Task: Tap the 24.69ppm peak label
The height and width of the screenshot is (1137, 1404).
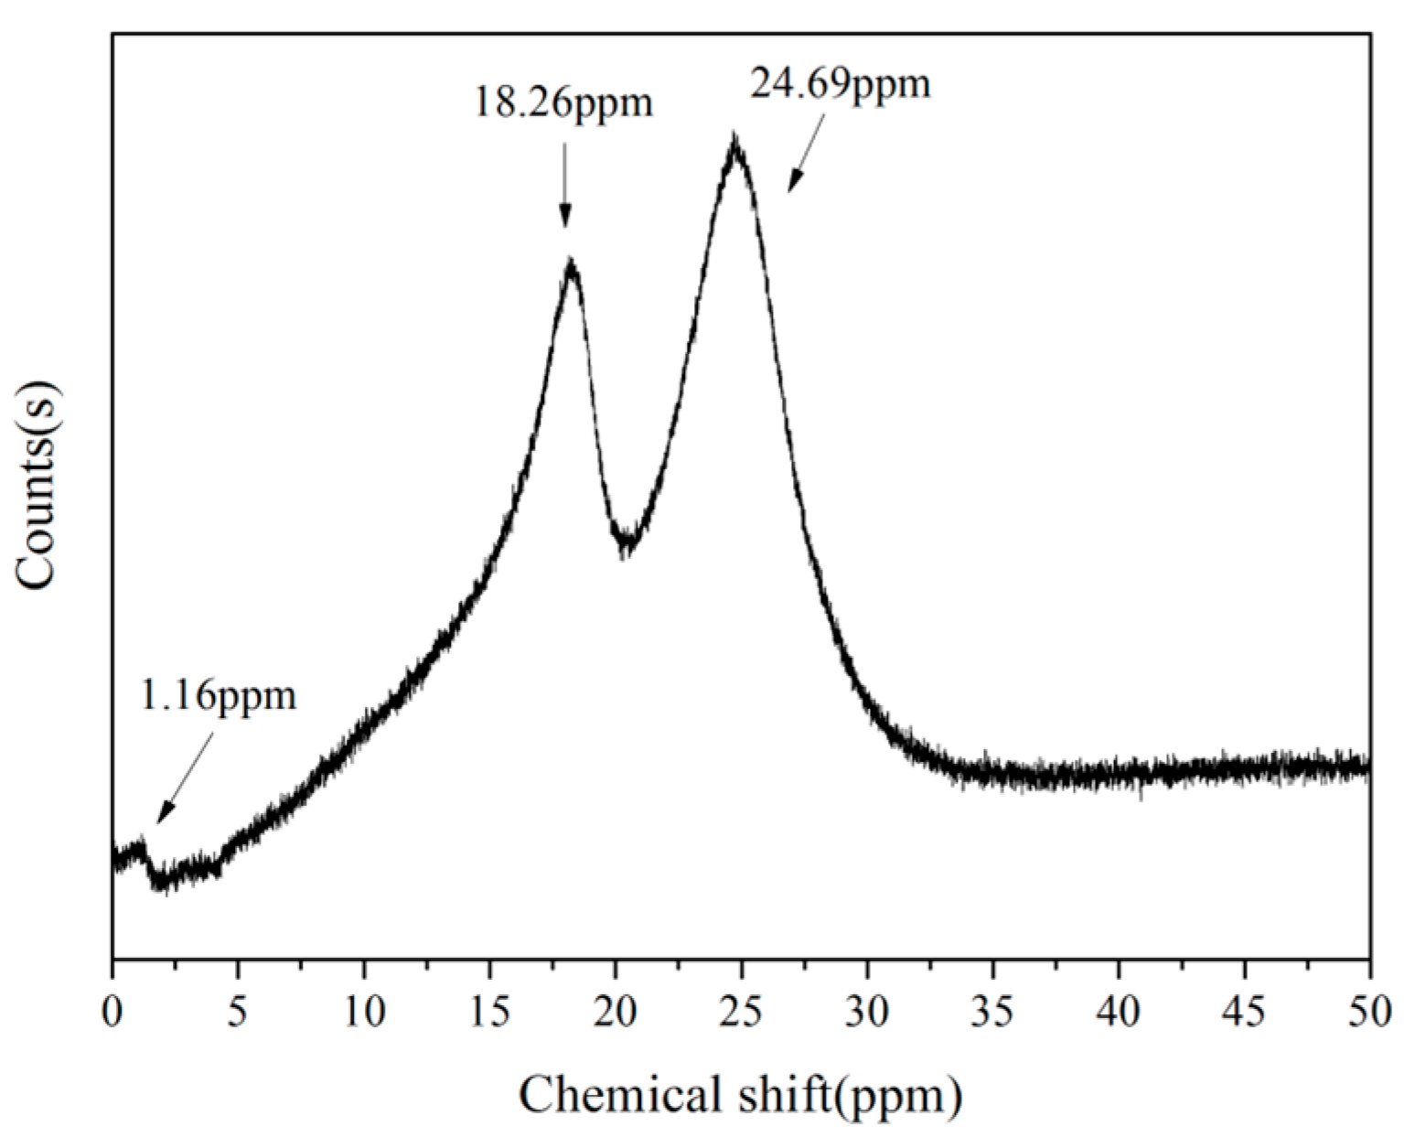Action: click(x=840, y=85)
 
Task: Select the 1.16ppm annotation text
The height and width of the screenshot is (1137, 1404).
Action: click(x=218, y=696)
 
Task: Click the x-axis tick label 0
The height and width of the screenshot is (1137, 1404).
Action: click(x=113, y=1013)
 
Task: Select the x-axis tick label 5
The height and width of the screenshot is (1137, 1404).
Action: click(x=238, y=1013)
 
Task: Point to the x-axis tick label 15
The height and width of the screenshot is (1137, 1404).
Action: click(x=489, y=1013)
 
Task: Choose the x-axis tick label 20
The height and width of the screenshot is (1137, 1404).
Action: click(x=616, y=1013)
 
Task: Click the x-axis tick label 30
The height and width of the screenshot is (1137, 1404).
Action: click(x=867, y=1013)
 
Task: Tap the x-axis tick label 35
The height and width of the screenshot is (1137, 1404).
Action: click(x=992, y=1013)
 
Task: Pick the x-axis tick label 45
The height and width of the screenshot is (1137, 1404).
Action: click(x=1244, y=1013)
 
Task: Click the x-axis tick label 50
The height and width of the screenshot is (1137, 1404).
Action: click(x=1369, y=1013)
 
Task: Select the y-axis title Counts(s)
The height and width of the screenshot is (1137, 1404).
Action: click(x=37, y=486)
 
